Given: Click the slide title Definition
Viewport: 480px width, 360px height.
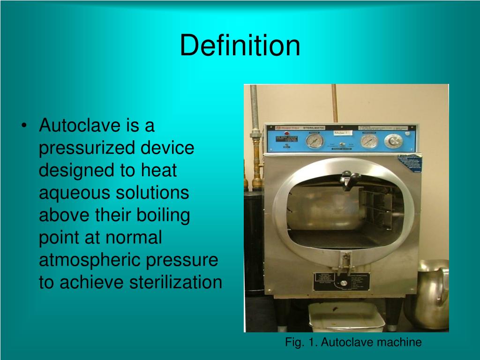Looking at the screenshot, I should pyautogui.click(x=240, y=46).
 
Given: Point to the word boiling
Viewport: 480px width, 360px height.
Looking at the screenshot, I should pyautogui.click(x=164, y=215).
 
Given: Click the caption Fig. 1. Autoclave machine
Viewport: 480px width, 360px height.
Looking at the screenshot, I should pyautogui.click(x=353, y=343).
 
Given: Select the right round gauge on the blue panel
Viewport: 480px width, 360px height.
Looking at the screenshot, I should pyautogui.click(x=369, y=141).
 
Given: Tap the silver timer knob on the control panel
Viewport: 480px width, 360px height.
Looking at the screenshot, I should pyautogui.click(x=393, y=141).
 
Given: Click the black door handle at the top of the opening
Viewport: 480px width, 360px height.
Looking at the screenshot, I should pyautogui.click(x=350, y=180).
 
